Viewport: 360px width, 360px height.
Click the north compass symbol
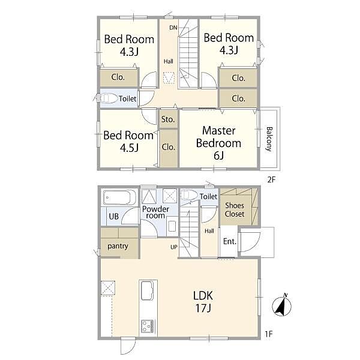[x=282, y=305]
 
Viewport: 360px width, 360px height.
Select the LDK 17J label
[x=203, y=302]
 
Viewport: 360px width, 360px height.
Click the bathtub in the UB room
[x=116, y=197]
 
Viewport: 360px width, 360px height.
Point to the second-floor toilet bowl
[x=108, y=98]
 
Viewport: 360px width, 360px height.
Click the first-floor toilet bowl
[x=189, y=195]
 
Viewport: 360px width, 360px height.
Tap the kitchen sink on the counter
[x=147, y=290]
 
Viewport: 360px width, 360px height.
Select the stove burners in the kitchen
[x=148, y=326]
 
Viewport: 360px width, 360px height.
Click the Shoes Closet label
[x=235, y=209]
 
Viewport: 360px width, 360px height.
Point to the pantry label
[x=118, y=247]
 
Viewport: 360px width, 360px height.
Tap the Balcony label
[x=269, y=139]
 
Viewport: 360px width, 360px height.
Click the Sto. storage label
[x=168, y=119]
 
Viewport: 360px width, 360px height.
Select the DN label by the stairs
[x=173, y=28]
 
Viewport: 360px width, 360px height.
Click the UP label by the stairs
[x=174, y=247]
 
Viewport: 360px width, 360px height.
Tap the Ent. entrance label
[x=230, y=241]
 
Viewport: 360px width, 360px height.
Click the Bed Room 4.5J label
[x=128, y=141]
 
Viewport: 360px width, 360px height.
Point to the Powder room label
[x=155, y=212]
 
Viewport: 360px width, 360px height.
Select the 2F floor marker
[x=271, y=179]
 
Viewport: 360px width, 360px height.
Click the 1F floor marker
[x=269, y=334]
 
